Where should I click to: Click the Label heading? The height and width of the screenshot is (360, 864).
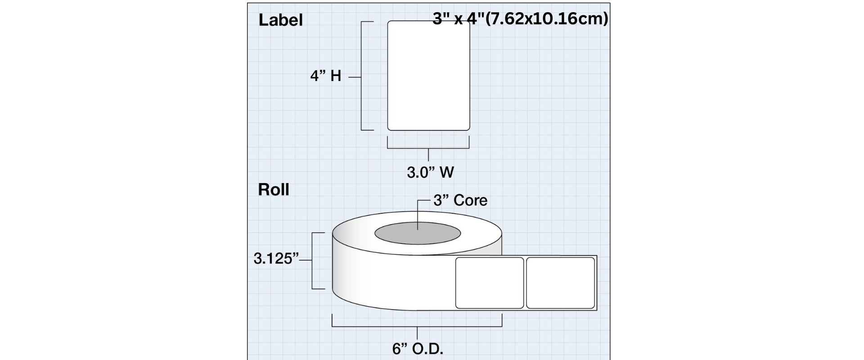pos(280,20)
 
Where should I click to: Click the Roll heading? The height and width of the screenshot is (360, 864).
pos(274,190)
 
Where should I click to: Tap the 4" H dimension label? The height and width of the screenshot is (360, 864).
pos(326,76)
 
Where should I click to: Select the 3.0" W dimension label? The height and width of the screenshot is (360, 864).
pos(431,172)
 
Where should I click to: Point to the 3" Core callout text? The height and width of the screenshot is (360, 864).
pos(460,200)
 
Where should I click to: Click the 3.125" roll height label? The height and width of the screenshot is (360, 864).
pos(276,259)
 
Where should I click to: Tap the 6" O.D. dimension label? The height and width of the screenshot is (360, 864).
pos(418,349)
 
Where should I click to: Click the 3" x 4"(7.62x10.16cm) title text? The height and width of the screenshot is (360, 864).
pos(520,19)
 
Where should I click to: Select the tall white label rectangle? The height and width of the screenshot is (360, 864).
pos(429,76)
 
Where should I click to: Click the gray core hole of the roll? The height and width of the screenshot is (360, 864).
pos(418,233)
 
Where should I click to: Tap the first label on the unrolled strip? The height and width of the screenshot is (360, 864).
pos(490,283)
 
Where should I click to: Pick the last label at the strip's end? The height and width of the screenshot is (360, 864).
pos(561,283)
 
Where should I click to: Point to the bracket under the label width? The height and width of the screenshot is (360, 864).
pos(428,148)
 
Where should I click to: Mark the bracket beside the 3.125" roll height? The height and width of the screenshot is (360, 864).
pos(313,261)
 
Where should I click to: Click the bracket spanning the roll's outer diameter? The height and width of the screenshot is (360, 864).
pos(417,326)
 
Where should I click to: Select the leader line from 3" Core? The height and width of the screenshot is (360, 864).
pos(418,215)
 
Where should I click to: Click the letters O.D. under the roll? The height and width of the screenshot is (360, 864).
pos(427,349)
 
